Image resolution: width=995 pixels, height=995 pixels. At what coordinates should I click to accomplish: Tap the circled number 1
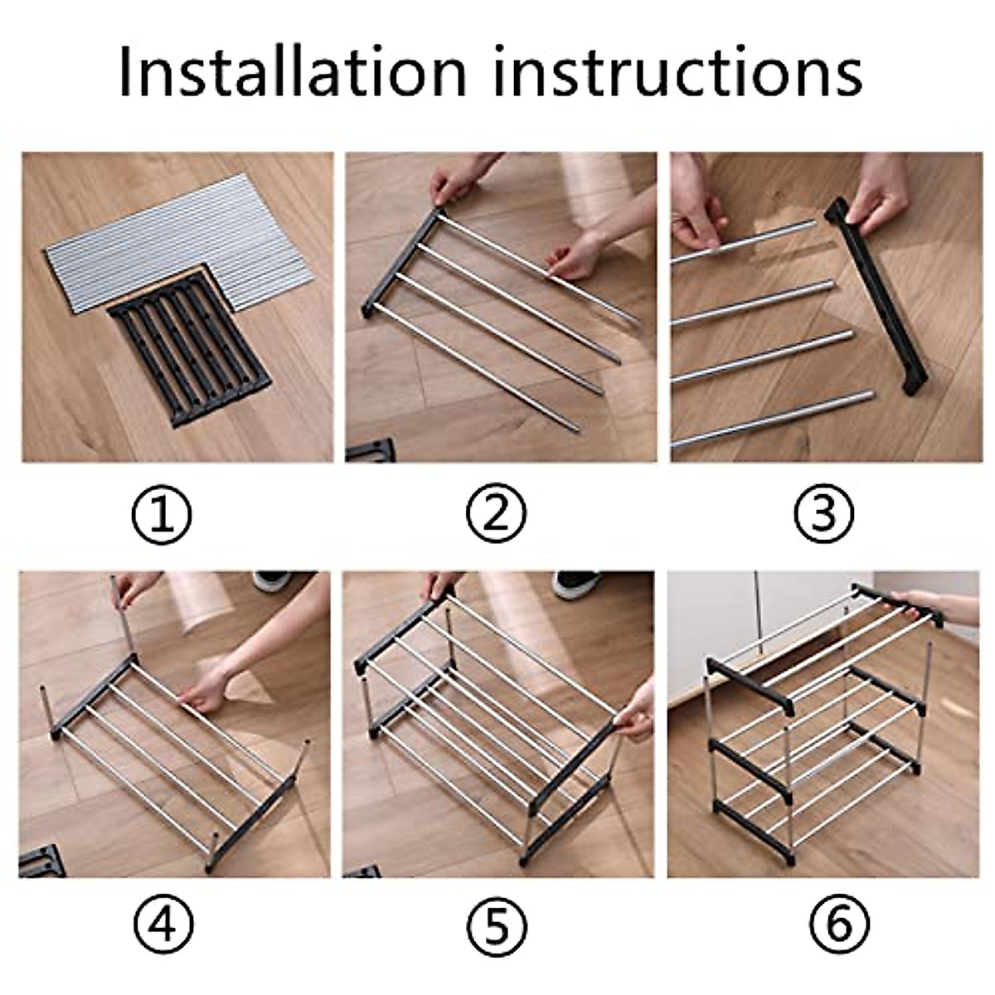click(x=162, y=514)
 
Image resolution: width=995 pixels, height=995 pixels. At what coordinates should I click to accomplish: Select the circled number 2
click(x=496, y=513)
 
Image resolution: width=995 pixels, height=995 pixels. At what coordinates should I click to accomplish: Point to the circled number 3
click(x=824, y=513)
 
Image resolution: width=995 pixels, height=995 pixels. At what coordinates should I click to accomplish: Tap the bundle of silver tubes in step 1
click(x=181, y=243)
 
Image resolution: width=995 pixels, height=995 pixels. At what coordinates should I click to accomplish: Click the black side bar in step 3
click(x=876, y=295)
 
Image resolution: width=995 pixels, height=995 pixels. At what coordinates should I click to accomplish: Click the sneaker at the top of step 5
click(x=576, y=584)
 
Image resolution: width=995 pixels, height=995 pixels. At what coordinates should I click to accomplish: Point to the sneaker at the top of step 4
click(x=273, y=581)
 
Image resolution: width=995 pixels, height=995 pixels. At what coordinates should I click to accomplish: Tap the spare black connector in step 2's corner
click(x=370, y=450)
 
